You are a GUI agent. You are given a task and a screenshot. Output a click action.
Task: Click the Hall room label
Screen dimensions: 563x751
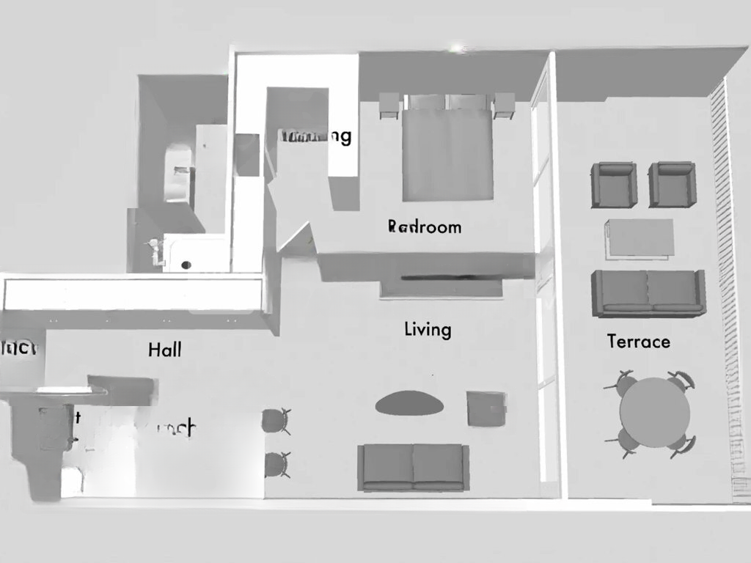tap(164, 350)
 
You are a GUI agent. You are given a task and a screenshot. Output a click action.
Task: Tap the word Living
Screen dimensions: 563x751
tap(428, 329)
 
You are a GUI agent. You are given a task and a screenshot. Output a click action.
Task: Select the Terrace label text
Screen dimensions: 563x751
tap(638, 342)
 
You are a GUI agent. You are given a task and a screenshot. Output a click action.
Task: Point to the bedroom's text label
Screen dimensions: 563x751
tap(425, 227)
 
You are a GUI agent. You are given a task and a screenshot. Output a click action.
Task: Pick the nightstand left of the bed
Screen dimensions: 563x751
tap(389, 106)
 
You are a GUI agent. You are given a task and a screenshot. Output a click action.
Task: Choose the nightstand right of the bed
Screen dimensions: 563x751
tap(505, 106)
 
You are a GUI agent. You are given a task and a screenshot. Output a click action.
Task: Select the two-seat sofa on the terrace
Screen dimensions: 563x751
tap(648, 292)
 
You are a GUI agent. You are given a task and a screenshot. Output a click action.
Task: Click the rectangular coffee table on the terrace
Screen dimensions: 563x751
tap(640, 238)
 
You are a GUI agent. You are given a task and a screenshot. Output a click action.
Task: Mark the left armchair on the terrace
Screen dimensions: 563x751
tap(614, 184)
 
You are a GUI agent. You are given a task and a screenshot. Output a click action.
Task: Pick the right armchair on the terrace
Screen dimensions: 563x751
tap(671, 184)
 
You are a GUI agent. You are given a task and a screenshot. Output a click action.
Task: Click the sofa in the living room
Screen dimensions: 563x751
tap(413, 467)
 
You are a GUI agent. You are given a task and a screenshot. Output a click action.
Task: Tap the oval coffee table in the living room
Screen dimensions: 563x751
tap(409, 403)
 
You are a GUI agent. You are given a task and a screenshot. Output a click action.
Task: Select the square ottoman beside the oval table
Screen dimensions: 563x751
tap(486, 408)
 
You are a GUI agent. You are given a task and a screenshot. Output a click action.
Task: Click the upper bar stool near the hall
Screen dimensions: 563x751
tap(276, 421)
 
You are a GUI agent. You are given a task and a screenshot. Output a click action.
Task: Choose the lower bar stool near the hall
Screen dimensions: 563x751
tap(276, 464)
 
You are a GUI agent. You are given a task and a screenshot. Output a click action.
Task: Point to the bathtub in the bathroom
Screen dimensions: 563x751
tap(177, 172)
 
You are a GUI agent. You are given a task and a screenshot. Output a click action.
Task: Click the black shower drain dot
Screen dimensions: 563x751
tap(186, 265)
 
